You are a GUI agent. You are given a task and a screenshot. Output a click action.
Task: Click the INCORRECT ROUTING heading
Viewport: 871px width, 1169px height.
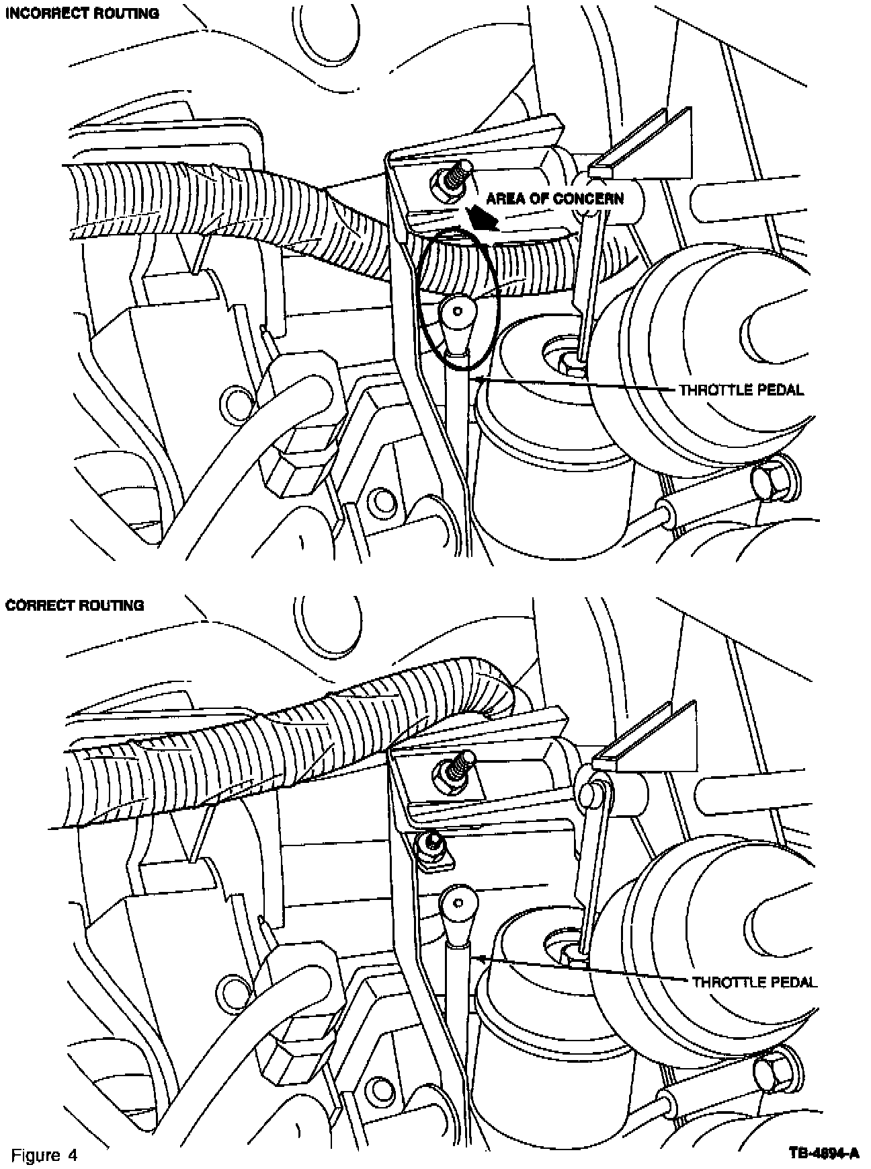(83, 13)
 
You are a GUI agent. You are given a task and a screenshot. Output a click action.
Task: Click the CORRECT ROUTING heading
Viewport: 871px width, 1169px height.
(75, 605)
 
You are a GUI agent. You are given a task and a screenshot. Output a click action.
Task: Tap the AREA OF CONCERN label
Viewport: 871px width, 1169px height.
(554, 198)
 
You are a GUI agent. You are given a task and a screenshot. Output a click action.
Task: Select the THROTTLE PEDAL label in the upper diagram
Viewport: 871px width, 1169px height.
(741, 390)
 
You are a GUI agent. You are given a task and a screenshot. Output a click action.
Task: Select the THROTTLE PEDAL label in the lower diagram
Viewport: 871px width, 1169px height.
(755, 982)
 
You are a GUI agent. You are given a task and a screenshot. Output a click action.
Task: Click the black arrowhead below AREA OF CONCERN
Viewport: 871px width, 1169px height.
(481, 216)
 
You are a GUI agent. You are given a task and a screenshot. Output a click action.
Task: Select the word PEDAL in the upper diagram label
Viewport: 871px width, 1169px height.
(779, 390)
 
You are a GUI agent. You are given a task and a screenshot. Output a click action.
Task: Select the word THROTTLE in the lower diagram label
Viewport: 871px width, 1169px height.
(728, 982)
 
